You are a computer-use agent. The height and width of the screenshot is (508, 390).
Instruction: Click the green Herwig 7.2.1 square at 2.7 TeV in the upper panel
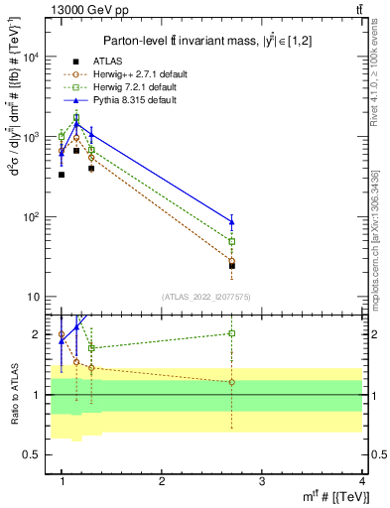point(232,241)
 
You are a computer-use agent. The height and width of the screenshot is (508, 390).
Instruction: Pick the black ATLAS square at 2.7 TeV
point(232,265)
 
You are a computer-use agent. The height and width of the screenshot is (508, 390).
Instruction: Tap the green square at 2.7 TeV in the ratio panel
point(232,333)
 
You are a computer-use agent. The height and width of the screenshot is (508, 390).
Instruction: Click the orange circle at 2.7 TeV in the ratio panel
point(232,382)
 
